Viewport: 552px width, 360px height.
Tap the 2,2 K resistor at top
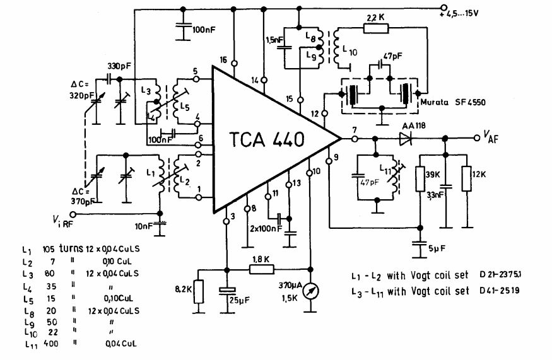(x=377, y=28)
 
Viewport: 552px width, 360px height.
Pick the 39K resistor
(x=420, y=178)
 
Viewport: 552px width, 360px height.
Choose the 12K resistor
(x=467, y=178)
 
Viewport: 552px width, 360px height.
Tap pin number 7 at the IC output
(x=355, y=129)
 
